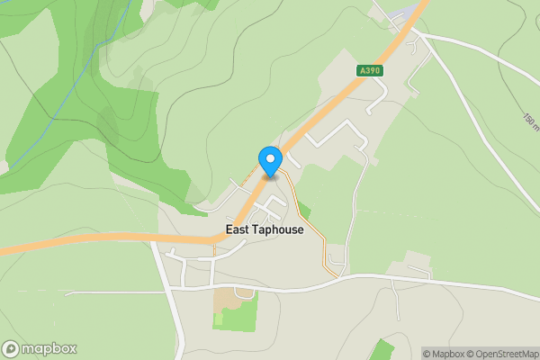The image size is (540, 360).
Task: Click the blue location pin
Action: click(270, 162)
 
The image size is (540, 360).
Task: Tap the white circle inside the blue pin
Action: click(270, 158)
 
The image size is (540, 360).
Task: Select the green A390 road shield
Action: click(369, 70)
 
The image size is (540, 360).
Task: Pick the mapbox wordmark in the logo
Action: click(49, 349)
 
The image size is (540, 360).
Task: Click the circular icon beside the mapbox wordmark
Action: click(11, 349)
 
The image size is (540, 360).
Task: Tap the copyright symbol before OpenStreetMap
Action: click(473, 354)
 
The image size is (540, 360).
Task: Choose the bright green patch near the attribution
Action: click(382, 350)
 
